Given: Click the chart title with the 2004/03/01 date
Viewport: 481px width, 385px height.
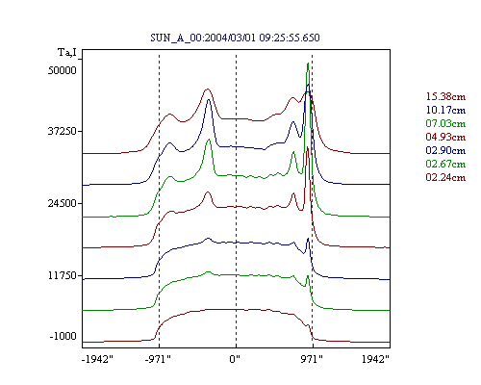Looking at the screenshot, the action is click(x=235, y=38).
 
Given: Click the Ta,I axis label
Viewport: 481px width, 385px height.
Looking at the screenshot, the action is click(x=67, y=52).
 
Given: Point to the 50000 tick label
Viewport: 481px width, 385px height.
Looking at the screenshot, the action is click(x=63, y=70).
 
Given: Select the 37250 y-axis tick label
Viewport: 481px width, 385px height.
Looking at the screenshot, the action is click(x=63, y=131).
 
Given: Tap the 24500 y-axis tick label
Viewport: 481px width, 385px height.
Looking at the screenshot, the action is click(x=63, y=203).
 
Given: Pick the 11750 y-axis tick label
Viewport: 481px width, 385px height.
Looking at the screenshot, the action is click(x=63, y=275).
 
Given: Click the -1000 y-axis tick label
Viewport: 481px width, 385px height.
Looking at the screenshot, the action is click(x=63, y=336).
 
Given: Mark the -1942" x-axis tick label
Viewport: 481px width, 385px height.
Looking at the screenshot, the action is click(x=98, y=359).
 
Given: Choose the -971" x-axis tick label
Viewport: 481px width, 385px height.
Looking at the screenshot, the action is click(x=158, y=359).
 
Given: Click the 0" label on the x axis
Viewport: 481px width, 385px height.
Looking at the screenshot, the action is click(x=235, y=359).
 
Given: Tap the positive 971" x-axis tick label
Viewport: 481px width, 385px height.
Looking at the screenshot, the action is click(x=312, y=359).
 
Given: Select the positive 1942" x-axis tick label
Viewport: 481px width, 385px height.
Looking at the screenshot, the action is click(x=375, y=359).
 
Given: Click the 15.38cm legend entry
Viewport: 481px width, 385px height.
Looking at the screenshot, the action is click(x=445, y=96).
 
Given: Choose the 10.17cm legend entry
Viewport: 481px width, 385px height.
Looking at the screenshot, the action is click(x=445, y=110).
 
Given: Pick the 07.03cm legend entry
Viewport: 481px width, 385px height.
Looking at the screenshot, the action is click(x=445, y=123).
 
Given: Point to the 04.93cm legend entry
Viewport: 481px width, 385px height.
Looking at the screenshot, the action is click(x=445, y=137).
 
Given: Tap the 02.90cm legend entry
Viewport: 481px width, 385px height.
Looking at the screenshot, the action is click(x=445, y=150).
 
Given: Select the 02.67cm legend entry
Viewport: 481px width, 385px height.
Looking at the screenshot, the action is click(x=445, y=164).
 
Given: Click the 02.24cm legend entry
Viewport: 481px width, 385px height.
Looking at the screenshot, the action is click(x=445, y=177).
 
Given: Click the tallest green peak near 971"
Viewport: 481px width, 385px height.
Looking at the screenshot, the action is click(x=308, y=64).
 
